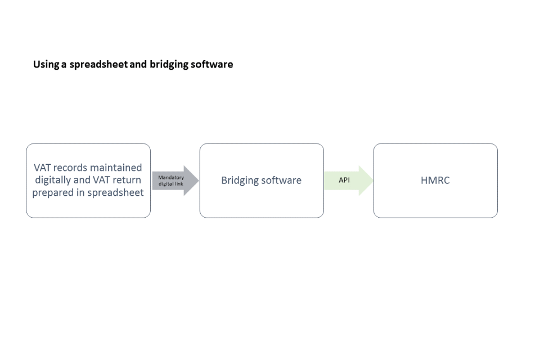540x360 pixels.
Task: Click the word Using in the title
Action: point(46,65)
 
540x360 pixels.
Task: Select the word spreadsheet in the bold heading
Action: point(98,65)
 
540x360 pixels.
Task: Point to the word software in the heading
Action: point(212,65)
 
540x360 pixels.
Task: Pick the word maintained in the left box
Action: point(116,168)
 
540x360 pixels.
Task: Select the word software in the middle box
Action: point(281,180)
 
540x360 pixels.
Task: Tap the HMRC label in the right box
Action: point(435,180)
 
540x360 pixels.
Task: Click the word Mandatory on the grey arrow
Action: point(171,177)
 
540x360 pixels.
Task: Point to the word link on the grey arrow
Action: point(179,183)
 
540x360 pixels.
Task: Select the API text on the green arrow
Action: point(344,180)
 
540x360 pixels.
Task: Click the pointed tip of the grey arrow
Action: point(199,181)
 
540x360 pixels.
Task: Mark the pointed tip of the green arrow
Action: point(373,181)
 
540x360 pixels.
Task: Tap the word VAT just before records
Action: point(42,168)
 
